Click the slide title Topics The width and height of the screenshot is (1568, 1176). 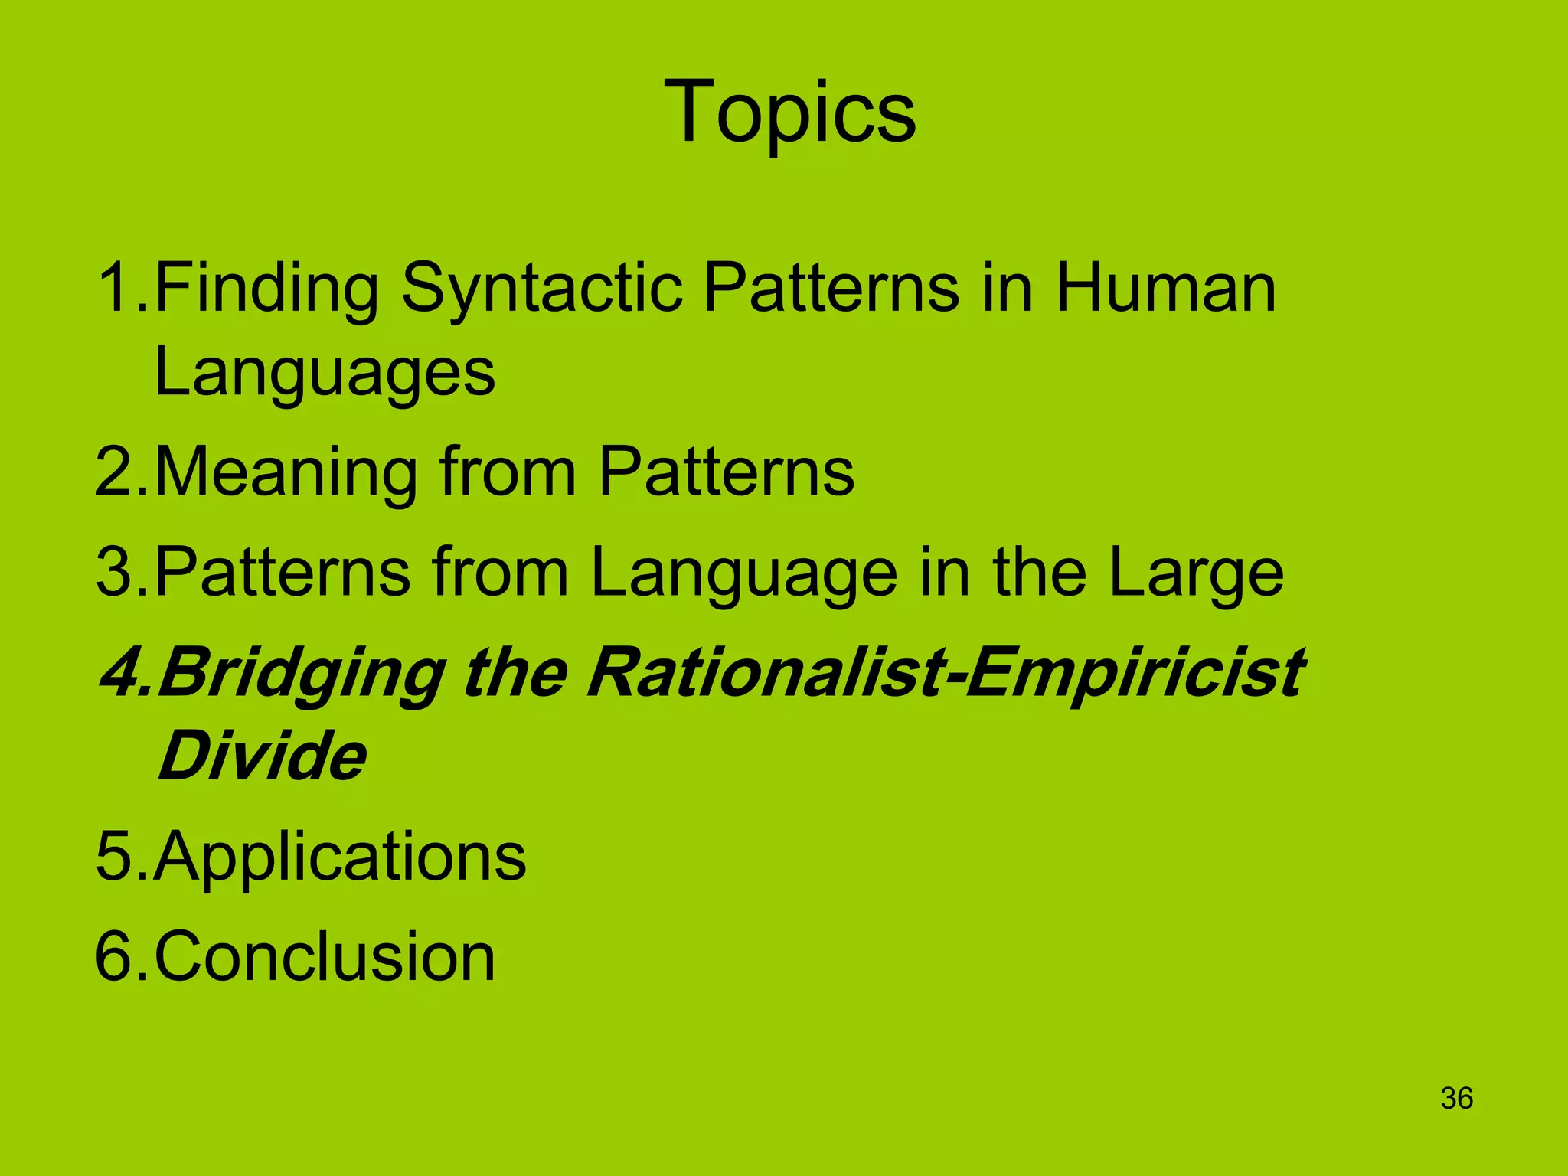(789, 113)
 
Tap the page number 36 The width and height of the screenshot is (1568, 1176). (1456, 1098)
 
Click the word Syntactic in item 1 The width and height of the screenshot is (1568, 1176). (541, 289)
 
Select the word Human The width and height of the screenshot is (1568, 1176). (1165, 289)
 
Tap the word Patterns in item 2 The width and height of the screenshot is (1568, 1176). (726, 472)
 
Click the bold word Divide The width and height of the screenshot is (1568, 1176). (262, 756)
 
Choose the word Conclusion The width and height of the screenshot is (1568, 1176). (325, 956)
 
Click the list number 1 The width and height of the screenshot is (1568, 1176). (113, 289)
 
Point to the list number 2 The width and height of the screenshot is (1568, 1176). (114, 472)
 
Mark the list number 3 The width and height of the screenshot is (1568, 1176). (114, 573)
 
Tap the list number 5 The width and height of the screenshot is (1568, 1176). (114, 856)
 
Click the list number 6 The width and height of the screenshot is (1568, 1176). (114, 956)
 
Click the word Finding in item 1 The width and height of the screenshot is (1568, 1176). (266, 289)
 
